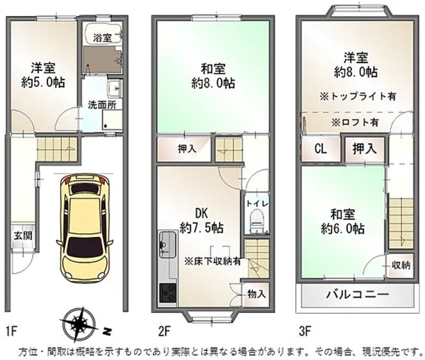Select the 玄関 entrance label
(x=24, y=235)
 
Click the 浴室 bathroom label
(x=102, y=38)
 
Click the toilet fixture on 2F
(x=256, y=220)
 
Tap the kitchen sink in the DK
(x=167, y=245)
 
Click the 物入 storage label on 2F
(x=256, y=294)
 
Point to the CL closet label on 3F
(x=320, y=149)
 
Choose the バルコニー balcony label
(x=357, y=294)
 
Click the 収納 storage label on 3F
(x=401, y=265)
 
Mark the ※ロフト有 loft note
(x=355, y=122)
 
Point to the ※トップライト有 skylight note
(x=357, y=96)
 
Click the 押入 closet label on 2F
(x=187, y=149)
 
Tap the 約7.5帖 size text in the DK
(x=202, y=228)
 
